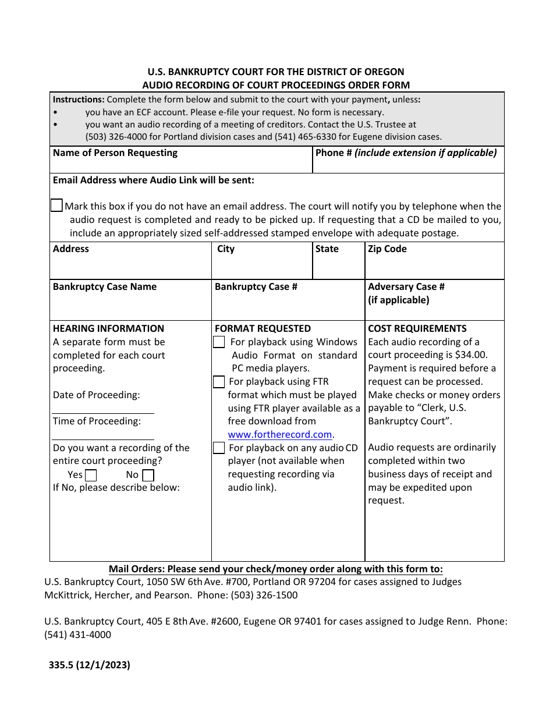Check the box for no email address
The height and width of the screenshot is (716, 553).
(x=56, y=205)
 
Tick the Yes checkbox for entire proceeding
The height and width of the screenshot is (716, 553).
(x=91, y=475)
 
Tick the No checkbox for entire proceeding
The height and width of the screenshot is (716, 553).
(x=148, y=475)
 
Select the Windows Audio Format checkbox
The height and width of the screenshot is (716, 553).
(x=219, y=342)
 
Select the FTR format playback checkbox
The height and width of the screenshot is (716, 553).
(x=219, y=382)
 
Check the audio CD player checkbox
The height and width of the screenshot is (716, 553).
(x=219, y=448)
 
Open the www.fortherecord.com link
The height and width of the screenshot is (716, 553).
(x=279, y=434)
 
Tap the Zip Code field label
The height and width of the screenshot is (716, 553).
(x=387, y=249)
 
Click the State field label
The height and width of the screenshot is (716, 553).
(x=327, y=249)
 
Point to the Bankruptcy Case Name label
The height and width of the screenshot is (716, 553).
(x=104, y=287)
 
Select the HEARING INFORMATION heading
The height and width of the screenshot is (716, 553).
(x=108, y=328)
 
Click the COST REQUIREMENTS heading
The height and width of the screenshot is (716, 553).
(x=417, y=328)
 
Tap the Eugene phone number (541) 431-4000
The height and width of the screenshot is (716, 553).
(x=77, y=635)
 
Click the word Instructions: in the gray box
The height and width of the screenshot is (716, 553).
(x=79, y=100)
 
